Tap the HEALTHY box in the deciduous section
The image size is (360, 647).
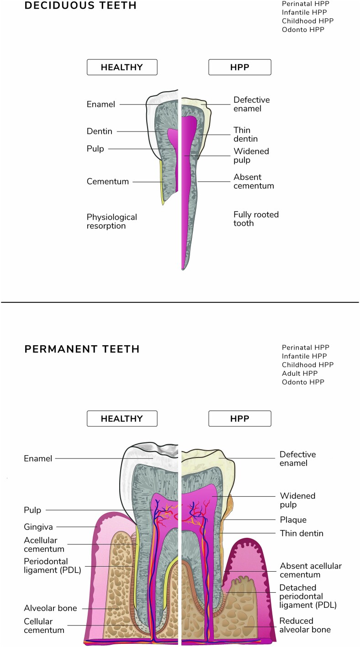[122, 67]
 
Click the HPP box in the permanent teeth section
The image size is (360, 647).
[240, 419]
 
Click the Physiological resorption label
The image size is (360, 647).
[112, 221]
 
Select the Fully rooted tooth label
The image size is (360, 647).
[256, 219]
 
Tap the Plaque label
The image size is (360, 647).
[293, 520]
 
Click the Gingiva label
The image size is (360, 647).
[38, 527]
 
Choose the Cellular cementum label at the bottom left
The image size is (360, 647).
[44, 626]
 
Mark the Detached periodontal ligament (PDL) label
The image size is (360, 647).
[308, 596]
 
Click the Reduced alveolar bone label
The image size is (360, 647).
[305, 625]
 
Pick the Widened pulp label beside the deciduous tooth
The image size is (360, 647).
[251, 155]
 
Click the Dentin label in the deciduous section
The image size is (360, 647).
[99, 132]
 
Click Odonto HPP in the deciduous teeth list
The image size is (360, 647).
[303, 30]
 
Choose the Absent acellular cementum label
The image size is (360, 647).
[311, 570]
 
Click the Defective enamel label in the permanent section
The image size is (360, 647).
[297, 459]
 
